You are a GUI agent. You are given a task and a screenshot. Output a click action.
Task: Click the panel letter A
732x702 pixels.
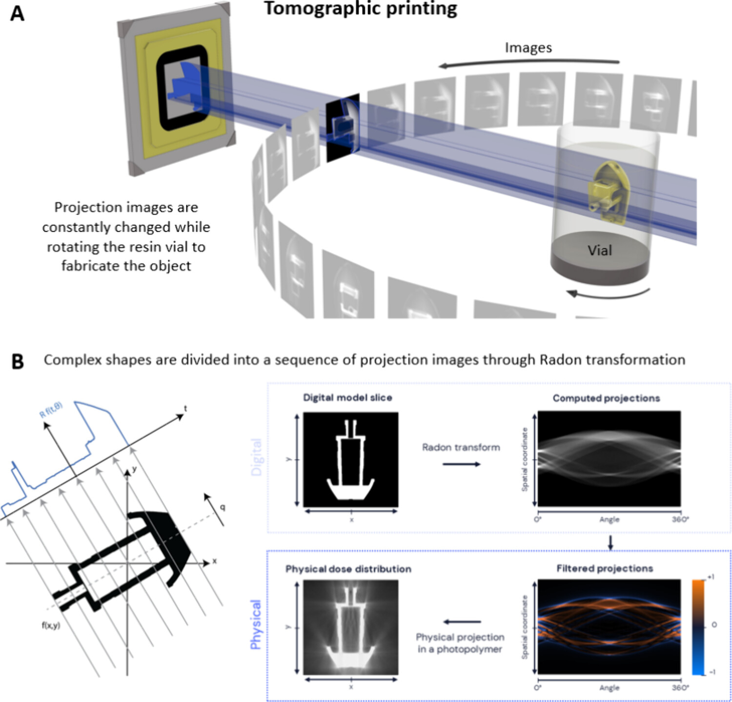pos(17,13)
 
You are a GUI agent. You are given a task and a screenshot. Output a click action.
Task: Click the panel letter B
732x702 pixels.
pos(17,361)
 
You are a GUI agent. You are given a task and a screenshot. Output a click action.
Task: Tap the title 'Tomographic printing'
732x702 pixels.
pos(361,8)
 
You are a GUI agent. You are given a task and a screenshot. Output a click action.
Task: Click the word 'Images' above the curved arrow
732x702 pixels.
pos(528,48)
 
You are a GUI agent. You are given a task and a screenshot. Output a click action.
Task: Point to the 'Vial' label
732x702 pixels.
pos(599,250)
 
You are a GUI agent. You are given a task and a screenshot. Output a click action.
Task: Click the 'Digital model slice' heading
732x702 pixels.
pos(347,398)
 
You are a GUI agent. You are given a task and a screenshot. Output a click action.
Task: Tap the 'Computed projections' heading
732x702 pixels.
pos(606,398)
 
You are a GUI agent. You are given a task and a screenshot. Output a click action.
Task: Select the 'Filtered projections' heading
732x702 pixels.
pos(605,568)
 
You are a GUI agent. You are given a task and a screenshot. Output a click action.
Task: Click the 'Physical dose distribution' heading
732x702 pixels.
pos(348,569)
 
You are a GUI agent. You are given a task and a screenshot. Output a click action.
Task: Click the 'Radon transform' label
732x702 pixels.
pos(461,447)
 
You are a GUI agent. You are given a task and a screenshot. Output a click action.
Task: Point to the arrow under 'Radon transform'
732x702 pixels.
pos(461,464)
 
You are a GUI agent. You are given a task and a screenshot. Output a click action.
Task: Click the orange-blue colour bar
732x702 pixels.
pos(698,627)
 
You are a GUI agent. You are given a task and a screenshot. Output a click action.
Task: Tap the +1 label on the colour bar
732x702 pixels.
pos(711,577)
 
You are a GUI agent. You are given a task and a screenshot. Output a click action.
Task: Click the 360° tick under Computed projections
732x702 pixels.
pos(680,520)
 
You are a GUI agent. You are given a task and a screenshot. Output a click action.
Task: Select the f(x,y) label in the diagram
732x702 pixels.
pos(51,625)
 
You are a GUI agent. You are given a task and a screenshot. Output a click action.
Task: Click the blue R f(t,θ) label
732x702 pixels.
pos(51,409)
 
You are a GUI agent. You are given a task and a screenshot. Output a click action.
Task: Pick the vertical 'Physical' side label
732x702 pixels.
pos(255,624)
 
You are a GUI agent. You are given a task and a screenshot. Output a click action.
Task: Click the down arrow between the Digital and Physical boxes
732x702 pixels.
pos(610,542)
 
